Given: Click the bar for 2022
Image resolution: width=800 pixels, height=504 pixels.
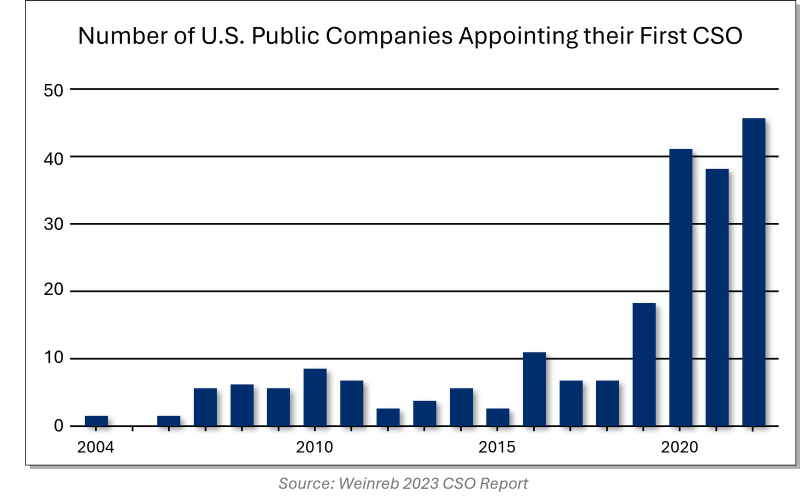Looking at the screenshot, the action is click(x=753, y=272).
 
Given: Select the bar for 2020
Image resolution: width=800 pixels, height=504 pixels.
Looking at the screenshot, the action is click(x=680, y=287).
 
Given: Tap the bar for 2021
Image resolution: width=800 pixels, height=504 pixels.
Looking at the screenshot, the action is click(x=717, y=297).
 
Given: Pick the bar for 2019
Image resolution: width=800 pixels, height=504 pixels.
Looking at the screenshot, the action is click(x=644, y=364).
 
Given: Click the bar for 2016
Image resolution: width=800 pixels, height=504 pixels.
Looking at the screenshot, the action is click(x=534, y=389).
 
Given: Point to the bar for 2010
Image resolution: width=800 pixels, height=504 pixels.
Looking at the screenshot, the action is click(x=315, y=397).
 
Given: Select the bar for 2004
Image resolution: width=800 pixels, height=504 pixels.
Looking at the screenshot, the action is click(x=96, y=421).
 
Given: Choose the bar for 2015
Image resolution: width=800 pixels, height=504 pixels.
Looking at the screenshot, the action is click(x=498, y=417).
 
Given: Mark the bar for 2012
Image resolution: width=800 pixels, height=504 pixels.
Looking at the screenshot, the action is click(x=388, y=417).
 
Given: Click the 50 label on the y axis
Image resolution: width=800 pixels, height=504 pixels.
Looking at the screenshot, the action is click(x=53, y=90).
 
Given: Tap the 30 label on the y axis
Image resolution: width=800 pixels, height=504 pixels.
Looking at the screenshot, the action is click(x=53, y=224).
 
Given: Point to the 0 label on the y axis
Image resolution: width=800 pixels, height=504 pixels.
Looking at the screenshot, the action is click(x=58, y=426).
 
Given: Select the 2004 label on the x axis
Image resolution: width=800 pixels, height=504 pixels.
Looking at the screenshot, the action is click(x=95, y=447).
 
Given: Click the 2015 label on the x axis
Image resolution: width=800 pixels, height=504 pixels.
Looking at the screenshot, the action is click(x=497, y=447).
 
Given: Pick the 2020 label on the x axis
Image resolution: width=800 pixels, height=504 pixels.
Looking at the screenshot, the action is click(x=679, y=447).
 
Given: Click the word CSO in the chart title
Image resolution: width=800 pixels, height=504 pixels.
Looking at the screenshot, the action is click(x=717, y=35).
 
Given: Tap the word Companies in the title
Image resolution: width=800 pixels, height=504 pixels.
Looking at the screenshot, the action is click(x=389, y=36).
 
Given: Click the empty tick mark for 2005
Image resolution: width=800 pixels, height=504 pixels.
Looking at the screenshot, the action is click(x=132, y=428).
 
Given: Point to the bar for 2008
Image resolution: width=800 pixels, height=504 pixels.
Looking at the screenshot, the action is click(x=242, y=405).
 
